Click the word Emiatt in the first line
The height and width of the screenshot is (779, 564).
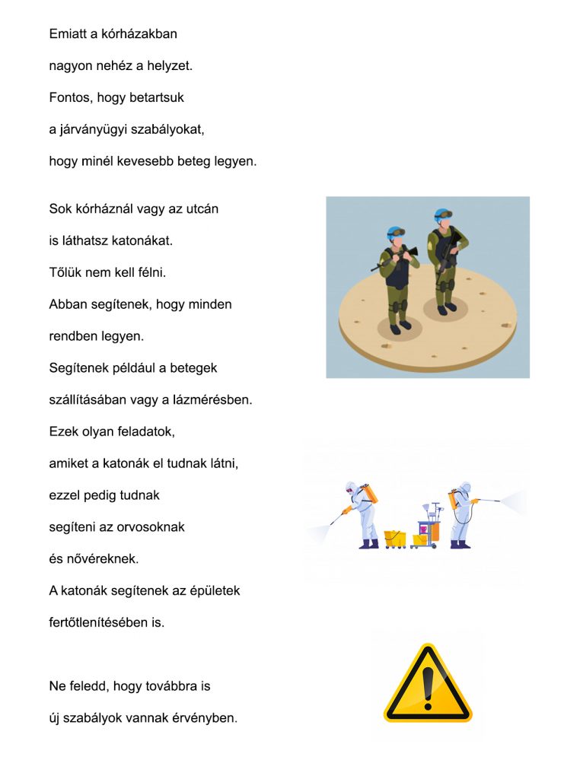point(68,33)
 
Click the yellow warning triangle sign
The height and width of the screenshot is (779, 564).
point(427,684)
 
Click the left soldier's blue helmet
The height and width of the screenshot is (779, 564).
point(394,232)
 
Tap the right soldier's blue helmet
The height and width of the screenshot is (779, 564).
point(441,215)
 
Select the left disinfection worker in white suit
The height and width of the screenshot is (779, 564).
point(362,514)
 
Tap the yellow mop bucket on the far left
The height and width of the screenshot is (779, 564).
point(394,538)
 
